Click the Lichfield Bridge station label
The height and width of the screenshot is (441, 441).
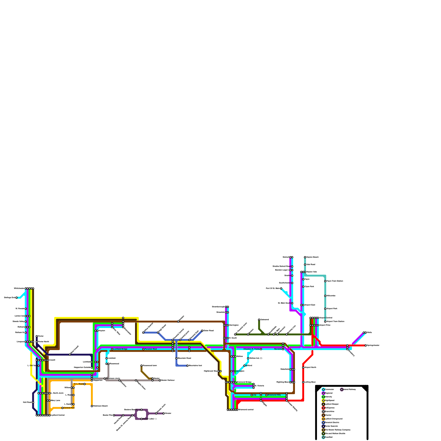[x=120, y=349]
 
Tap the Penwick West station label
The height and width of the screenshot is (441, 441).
[x=151, y=349]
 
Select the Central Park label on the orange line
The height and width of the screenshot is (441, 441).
[x=69, y=408]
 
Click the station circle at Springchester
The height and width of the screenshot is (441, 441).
[x=366, y=345]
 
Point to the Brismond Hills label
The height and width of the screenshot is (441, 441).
[x=274, y=395]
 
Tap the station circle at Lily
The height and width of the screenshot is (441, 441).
[x=252, y=395]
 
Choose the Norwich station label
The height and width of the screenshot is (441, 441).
[x=278, y=349]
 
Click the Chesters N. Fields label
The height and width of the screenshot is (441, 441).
[x=251, y=349]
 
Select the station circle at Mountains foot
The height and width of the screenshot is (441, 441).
[x=187, y=365]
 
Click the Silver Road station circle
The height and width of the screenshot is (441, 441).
[x=202, y=330]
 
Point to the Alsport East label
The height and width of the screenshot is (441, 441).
[x=310, y=305]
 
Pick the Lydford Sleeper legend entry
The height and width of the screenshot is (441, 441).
[x=332, y=404]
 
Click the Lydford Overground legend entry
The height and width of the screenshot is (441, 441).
[x=334, y=419]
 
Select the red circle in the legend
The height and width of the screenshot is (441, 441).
[x=323, y=408]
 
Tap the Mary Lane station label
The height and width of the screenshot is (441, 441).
[x=55, y=400]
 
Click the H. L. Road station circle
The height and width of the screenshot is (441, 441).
[x=84, y=384]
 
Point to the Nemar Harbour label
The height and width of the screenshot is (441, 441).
[x=168, y=380]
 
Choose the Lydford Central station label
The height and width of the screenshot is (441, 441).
[x=58, y=415]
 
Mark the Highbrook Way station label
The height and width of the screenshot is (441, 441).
[x=211, y=371]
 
